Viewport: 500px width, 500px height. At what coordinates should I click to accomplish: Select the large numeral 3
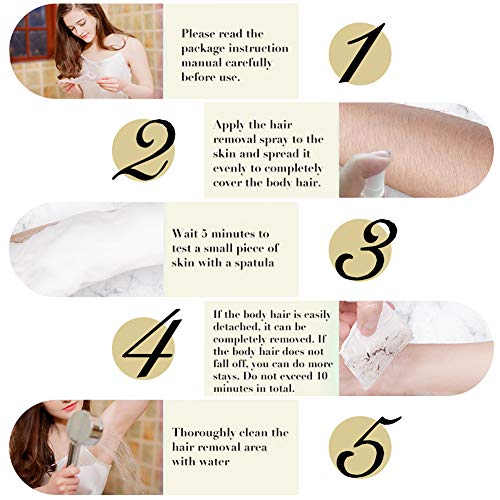click(x=358, y=250)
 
